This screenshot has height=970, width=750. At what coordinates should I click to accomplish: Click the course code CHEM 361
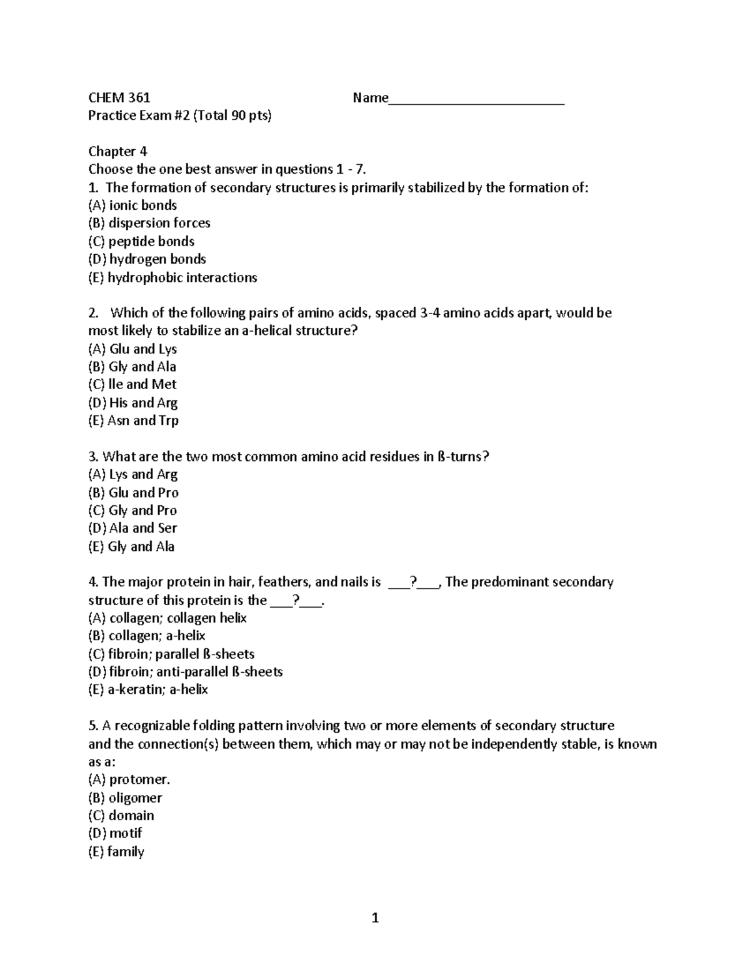[119, 97]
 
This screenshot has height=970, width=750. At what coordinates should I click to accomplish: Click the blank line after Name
[476, 100]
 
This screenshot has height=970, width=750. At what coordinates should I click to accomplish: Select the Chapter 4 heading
[117, 151]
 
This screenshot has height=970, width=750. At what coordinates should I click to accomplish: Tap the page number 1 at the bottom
[375, 918]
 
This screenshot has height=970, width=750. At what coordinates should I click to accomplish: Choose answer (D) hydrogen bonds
[147, 259]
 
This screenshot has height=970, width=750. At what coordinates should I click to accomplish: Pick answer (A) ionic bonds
[132, 205]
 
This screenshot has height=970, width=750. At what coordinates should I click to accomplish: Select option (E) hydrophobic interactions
[172, 277]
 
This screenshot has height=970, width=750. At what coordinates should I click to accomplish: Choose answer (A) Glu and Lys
[132, 349]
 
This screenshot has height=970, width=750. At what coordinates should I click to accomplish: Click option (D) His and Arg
[132, 403]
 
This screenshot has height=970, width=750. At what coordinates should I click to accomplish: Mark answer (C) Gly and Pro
[132, 510]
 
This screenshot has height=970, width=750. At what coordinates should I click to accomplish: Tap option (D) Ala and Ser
[132, 528]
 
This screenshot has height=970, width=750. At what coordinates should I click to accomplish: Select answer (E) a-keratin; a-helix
[148, 690]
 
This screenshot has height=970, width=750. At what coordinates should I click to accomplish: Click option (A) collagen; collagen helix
[167, 618]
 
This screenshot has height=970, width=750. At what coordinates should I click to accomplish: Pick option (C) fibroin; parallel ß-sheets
[171, 654]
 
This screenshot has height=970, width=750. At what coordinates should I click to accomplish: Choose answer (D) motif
[116, 833]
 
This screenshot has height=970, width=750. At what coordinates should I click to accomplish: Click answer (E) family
[116, 851]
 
